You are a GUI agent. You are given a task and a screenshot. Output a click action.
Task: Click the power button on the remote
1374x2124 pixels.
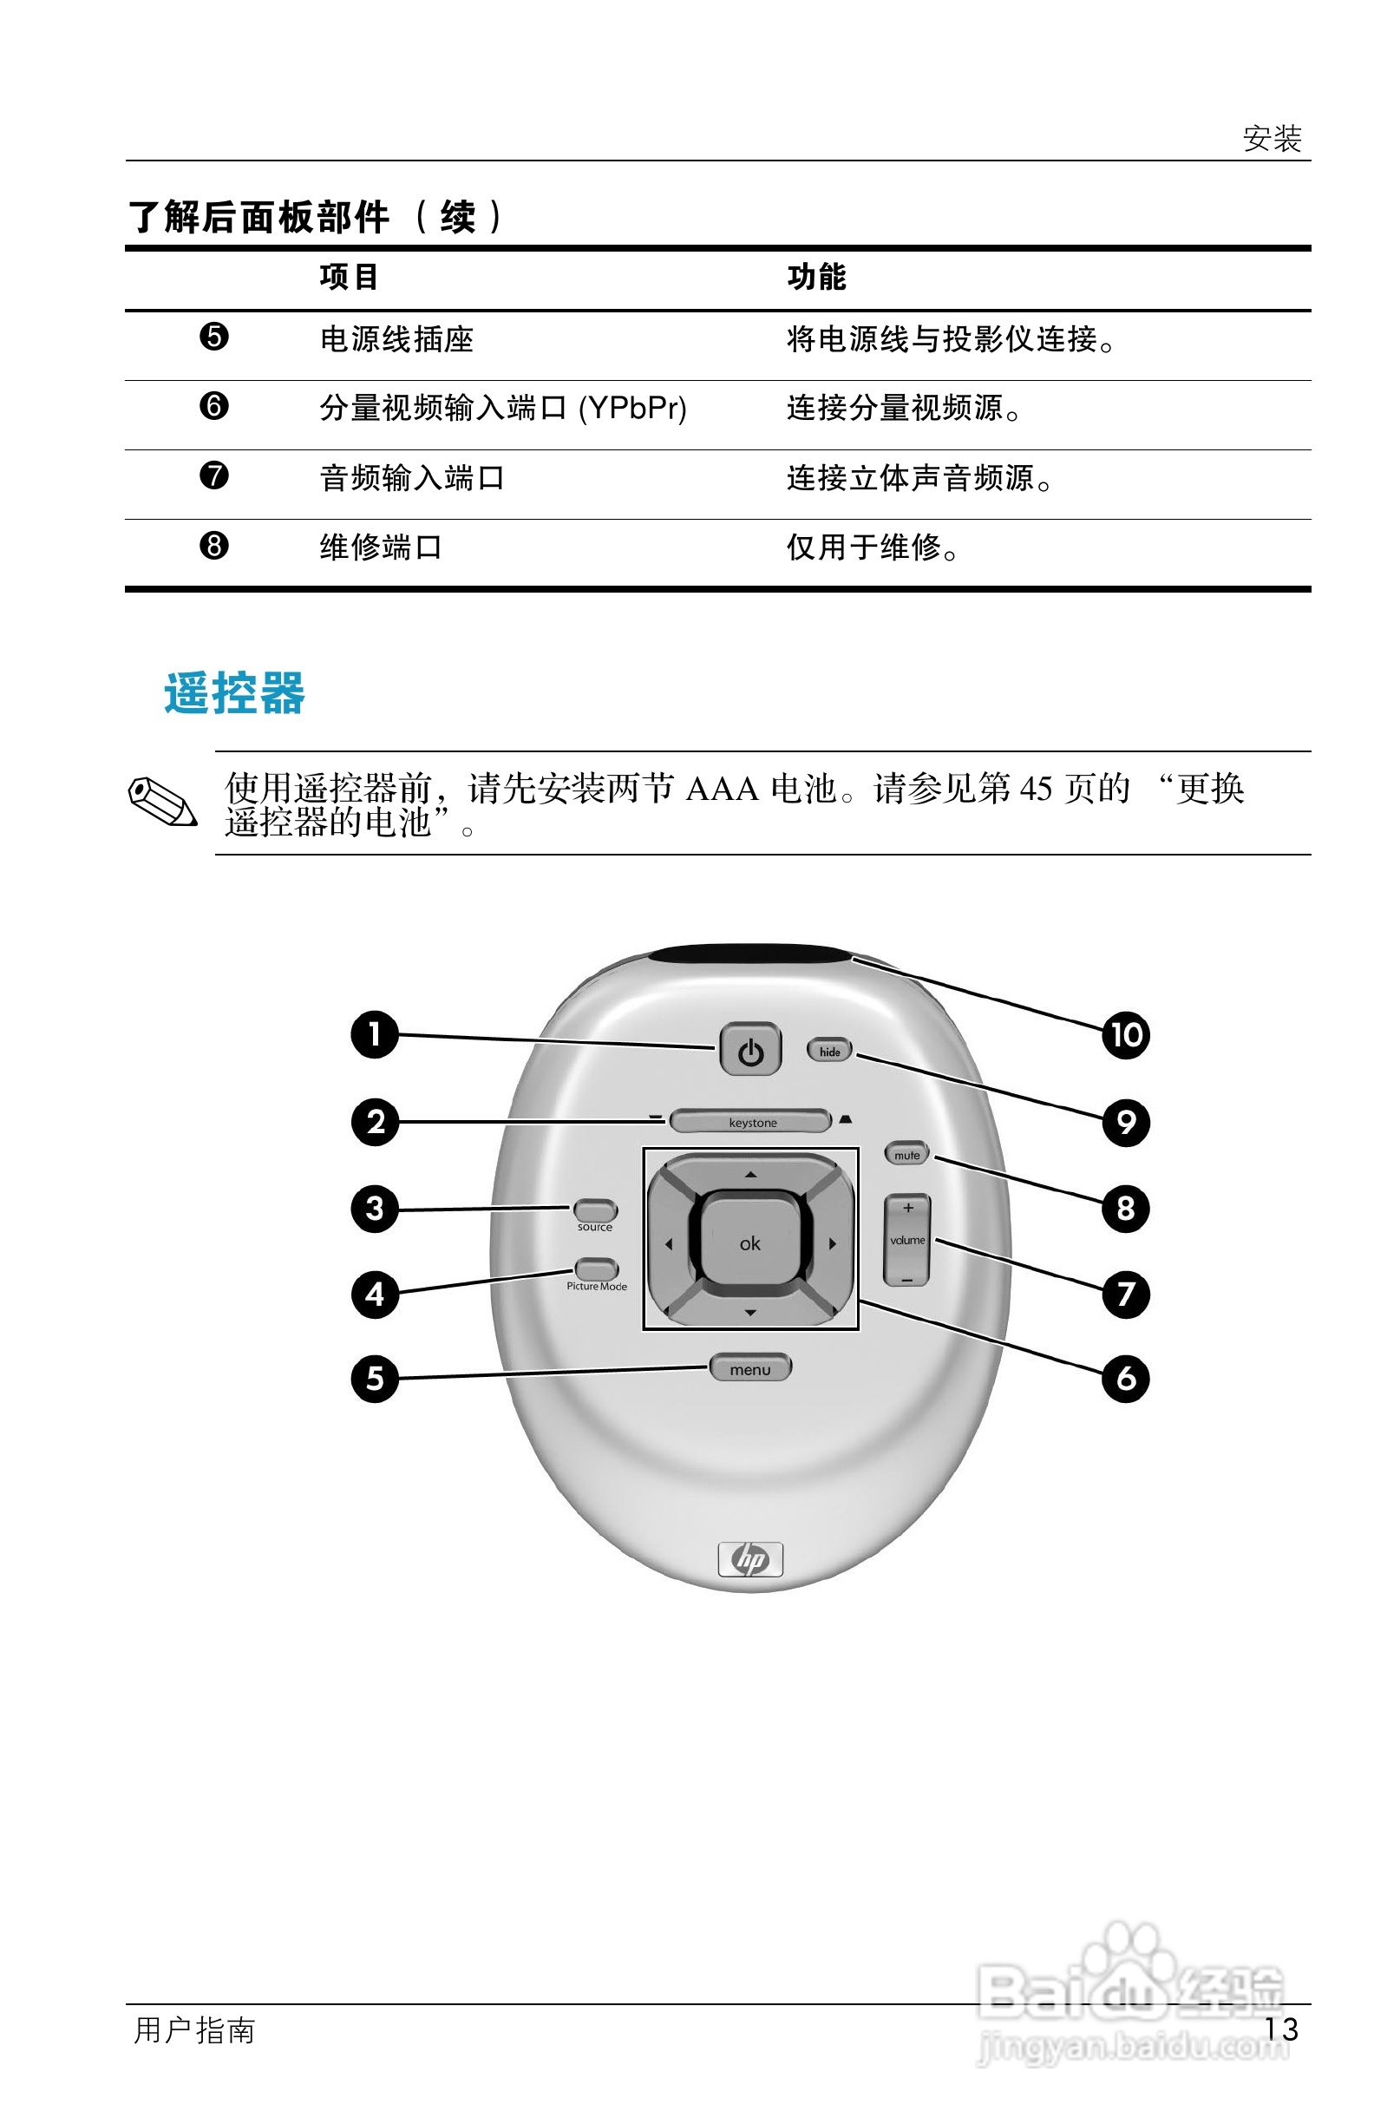coord(750,1050)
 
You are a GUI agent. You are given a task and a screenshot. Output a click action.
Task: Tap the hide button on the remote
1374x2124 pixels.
coord(830,1051)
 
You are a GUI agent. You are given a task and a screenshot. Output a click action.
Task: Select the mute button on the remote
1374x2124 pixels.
coord(906,1154)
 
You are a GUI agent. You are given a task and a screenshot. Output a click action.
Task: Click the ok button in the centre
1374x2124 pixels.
coord(750,1243)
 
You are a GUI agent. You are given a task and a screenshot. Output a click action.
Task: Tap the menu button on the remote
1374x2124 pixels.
coord(750,1369)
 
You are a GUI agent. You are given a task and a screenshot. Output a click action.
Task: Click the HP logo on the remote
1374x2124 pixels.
coord(750,1559)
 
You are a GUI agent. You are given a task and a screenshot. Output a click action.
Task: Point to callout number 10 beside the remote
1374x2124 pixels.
coord(1126,1035)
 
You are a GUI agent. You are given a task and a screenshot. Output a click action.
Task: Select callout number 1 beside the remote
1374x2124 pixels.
coord(375,1034)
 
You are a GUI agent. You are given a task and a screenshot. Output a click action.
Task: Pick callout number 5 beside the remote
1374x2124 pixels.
coord(375,1379)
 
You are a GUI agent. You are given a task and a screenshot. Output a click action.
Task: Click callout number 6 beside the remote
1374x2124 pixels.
coord(1126,1379)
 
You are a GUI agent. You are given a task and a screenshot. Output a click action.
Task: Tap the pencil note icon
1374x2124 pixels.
coord(162,802)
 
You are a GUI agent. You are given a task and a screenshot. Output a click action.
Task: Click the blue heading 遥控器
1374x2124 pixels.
coord(235,693)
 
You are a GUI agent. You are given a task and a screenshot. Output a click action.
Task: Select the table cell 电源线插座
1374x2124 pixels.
coord(396,339)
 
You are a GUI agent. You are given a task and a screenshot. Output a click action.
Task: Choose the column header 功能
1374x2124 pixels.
coord(816,277)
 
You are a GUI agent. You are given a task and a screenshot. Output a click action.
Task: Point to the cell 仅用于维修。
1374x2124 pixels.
coord(872,547)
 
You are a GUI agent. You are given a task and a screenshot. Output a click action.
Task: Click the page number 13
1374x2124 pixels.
coord(1281,2030)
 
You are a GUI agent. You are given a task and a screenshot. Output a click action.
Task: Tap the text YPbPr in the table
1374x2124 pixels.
coord(632,409)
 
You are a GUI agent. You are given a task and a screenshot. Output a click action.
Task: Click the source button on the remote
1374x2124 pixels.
coord(595,1210)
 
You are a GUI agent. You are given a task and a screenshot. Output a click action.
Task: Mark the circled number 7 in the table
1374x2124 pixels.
coord(214,475)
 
